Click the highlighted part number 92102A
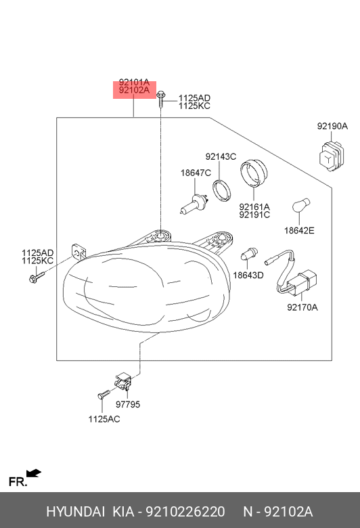tap(134, 90)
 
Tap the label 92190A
tap(332, 127)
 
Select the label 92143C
tap(221, 156)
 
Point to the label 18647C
tap(196, 173)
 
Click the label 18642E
tap(299, 231)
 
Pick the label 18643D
tap(248, 275)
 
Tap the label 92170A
tap(302, 307)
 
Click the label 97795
tap(128, 404)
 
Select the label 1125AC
tap(104, 419)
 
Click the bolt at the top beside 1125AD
tap(161, 98)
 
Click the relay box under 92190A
tap(332, 156)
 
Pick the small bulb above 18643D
tap(249, 254)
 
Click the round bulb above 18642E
tap(301, 206)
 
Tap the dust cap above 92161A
tap(254, 174)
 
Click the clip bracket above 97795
tap(123, 382)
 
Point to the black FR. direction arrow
tap(34, 473)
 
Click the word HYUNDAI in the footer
tap(75, 512)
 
